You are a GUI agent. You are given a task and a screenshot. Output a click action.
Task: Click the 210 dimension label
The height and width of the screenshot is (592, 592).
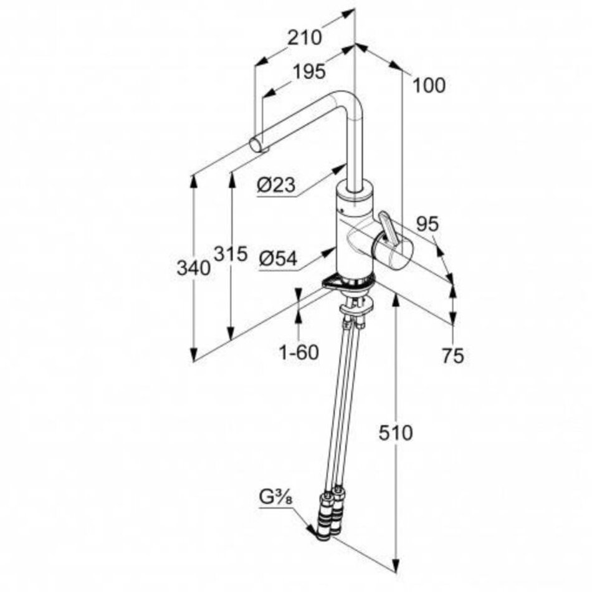coord(305,37)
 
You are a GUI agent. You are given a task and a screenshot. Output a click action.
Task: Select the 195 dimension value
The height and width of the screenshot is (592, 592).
coord(309,72)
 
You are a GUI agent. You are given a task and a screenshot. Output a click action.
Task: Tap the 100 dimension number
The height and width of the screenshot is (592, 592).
coord(429,85)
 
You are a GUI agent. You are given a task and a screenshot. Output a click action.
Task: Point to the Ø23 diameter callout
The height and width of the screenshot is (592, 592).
coord(276,184)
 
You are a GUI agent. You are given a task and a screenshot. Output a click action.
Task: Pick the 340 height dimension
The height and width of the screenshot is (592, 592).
coord(194,268)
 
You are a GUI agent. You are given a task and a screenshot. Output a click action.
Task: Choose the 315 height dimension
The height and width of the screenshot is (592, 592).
coord(231,254)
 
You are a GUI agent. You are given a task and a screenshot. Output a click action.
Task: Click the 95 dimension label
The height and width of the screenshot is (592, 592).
coord(427,224)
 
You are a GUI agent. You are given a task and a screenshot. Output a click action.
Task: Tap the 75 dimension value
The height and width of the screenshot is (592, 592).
coord(453,356)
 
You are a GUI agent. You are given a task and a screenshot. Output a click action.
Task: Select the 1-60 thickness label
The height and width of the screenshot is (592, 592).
coord(298,353)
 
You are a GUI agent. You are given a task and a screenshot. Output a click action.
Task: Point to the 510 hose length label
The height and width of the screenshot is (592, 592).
coord(396,432)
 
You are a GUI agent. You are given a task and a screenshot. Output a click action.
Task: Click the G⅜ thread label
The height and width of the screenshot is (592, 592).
coord(276,497)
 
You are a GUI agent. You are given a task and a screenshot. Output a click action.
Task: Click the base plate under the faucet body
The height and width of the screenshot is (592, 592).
coord(348,283)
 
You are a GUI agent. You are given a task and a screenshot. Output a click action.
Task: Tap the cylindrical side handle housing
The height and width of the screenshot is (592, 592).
coord(393,250)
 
